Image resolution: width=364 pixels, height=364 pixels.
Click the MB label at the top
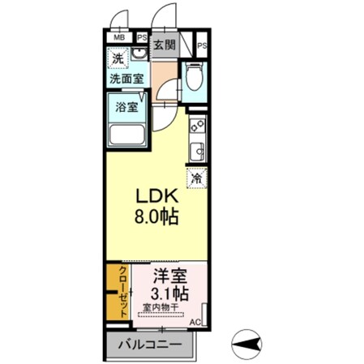point(119,37)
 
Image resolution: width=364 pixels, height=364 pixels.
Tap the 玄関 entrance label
point(165,45)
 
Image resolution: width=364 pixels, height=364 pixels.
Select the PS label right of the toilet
point(201,46)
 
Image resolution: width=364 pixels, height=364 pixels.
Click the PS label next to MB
point(142,37)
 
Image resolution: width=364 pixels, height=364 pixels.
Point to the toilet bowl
point(193,79)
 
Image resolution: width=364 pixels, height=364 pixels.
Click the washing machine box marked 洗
point(118,58)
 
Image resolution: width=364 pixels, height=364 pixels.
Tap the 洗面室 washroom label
point(126,79)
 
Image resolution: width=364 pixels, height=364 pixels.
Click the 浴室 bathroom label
point(126,106)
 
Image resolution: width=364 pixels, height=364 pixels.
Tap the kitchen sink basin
point(196,150)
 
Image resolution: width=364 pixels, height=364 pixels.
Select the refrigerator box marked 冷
point(196,178)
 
